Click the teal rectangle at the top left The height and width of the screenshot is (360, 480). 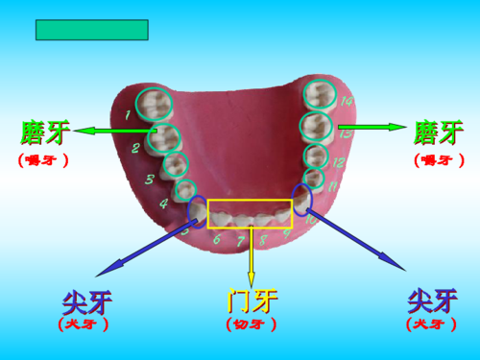tap(91, 30)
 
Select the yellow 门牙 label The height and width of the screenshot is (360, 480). tap(252, 300)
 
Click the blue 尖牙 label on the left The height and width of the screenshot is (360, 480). tap(86, 301)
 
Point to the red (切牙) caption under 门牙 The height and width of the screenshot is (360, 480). tap(252, 324)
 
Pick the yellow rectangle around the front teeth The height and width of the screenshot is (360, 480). tap(250, 213)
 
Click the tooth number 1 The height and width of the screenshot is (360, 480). tap(128, 117)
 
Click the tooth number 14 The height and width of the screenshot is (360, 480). tap(347, 101)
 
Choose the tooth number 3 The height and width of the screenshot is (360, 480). tap(149, 180)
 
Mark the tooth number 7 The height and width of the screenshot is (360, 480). tap(238, 241)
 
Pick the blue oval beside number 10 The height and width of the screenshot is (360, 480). tap(302, 198)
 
